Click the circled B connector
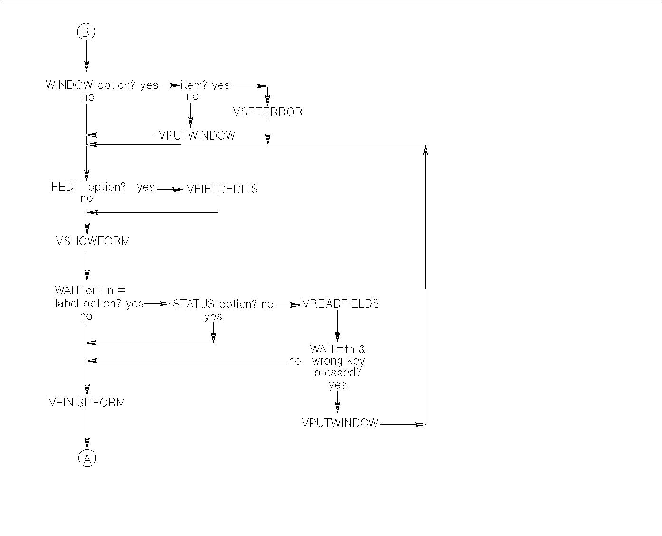pos(86,32)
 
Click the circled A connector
pos(87,458)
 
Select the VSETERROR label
pos(268,113)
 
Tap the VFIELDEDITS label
pos(222,189)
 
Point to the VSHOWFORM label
pos(93,241)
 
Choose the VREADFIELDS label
pos(340,304)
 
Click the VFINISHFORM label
pos(87,403)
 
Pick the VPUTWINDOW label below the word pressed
pos(340,423)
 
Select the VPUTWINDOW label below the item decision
pos(197,135)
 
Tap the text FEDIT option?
pos(88,187)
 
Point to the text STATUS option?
pos(215,304)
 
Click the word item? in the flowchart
pos(194,85)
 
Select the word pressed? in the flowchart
pos(337,373)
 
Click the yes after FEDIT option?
pos(146,188)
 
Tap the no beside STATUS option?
pos(267,305)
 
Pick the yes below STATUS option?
pos(213,317)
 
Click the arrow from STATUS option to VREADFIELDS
pos(288,305)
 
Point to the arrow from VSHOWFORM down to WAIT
pos(87,266)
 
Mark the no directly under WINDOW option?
pos(88,97)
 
